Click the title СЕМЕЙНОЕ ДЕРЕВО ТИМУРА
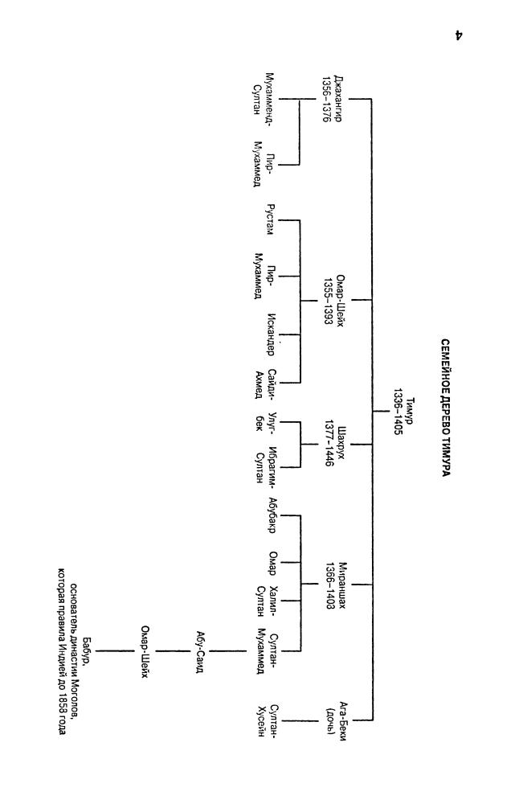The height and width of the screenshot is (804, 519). tap(444, 408)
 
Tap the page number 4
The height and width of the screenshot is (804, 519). tap(459, 35)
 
